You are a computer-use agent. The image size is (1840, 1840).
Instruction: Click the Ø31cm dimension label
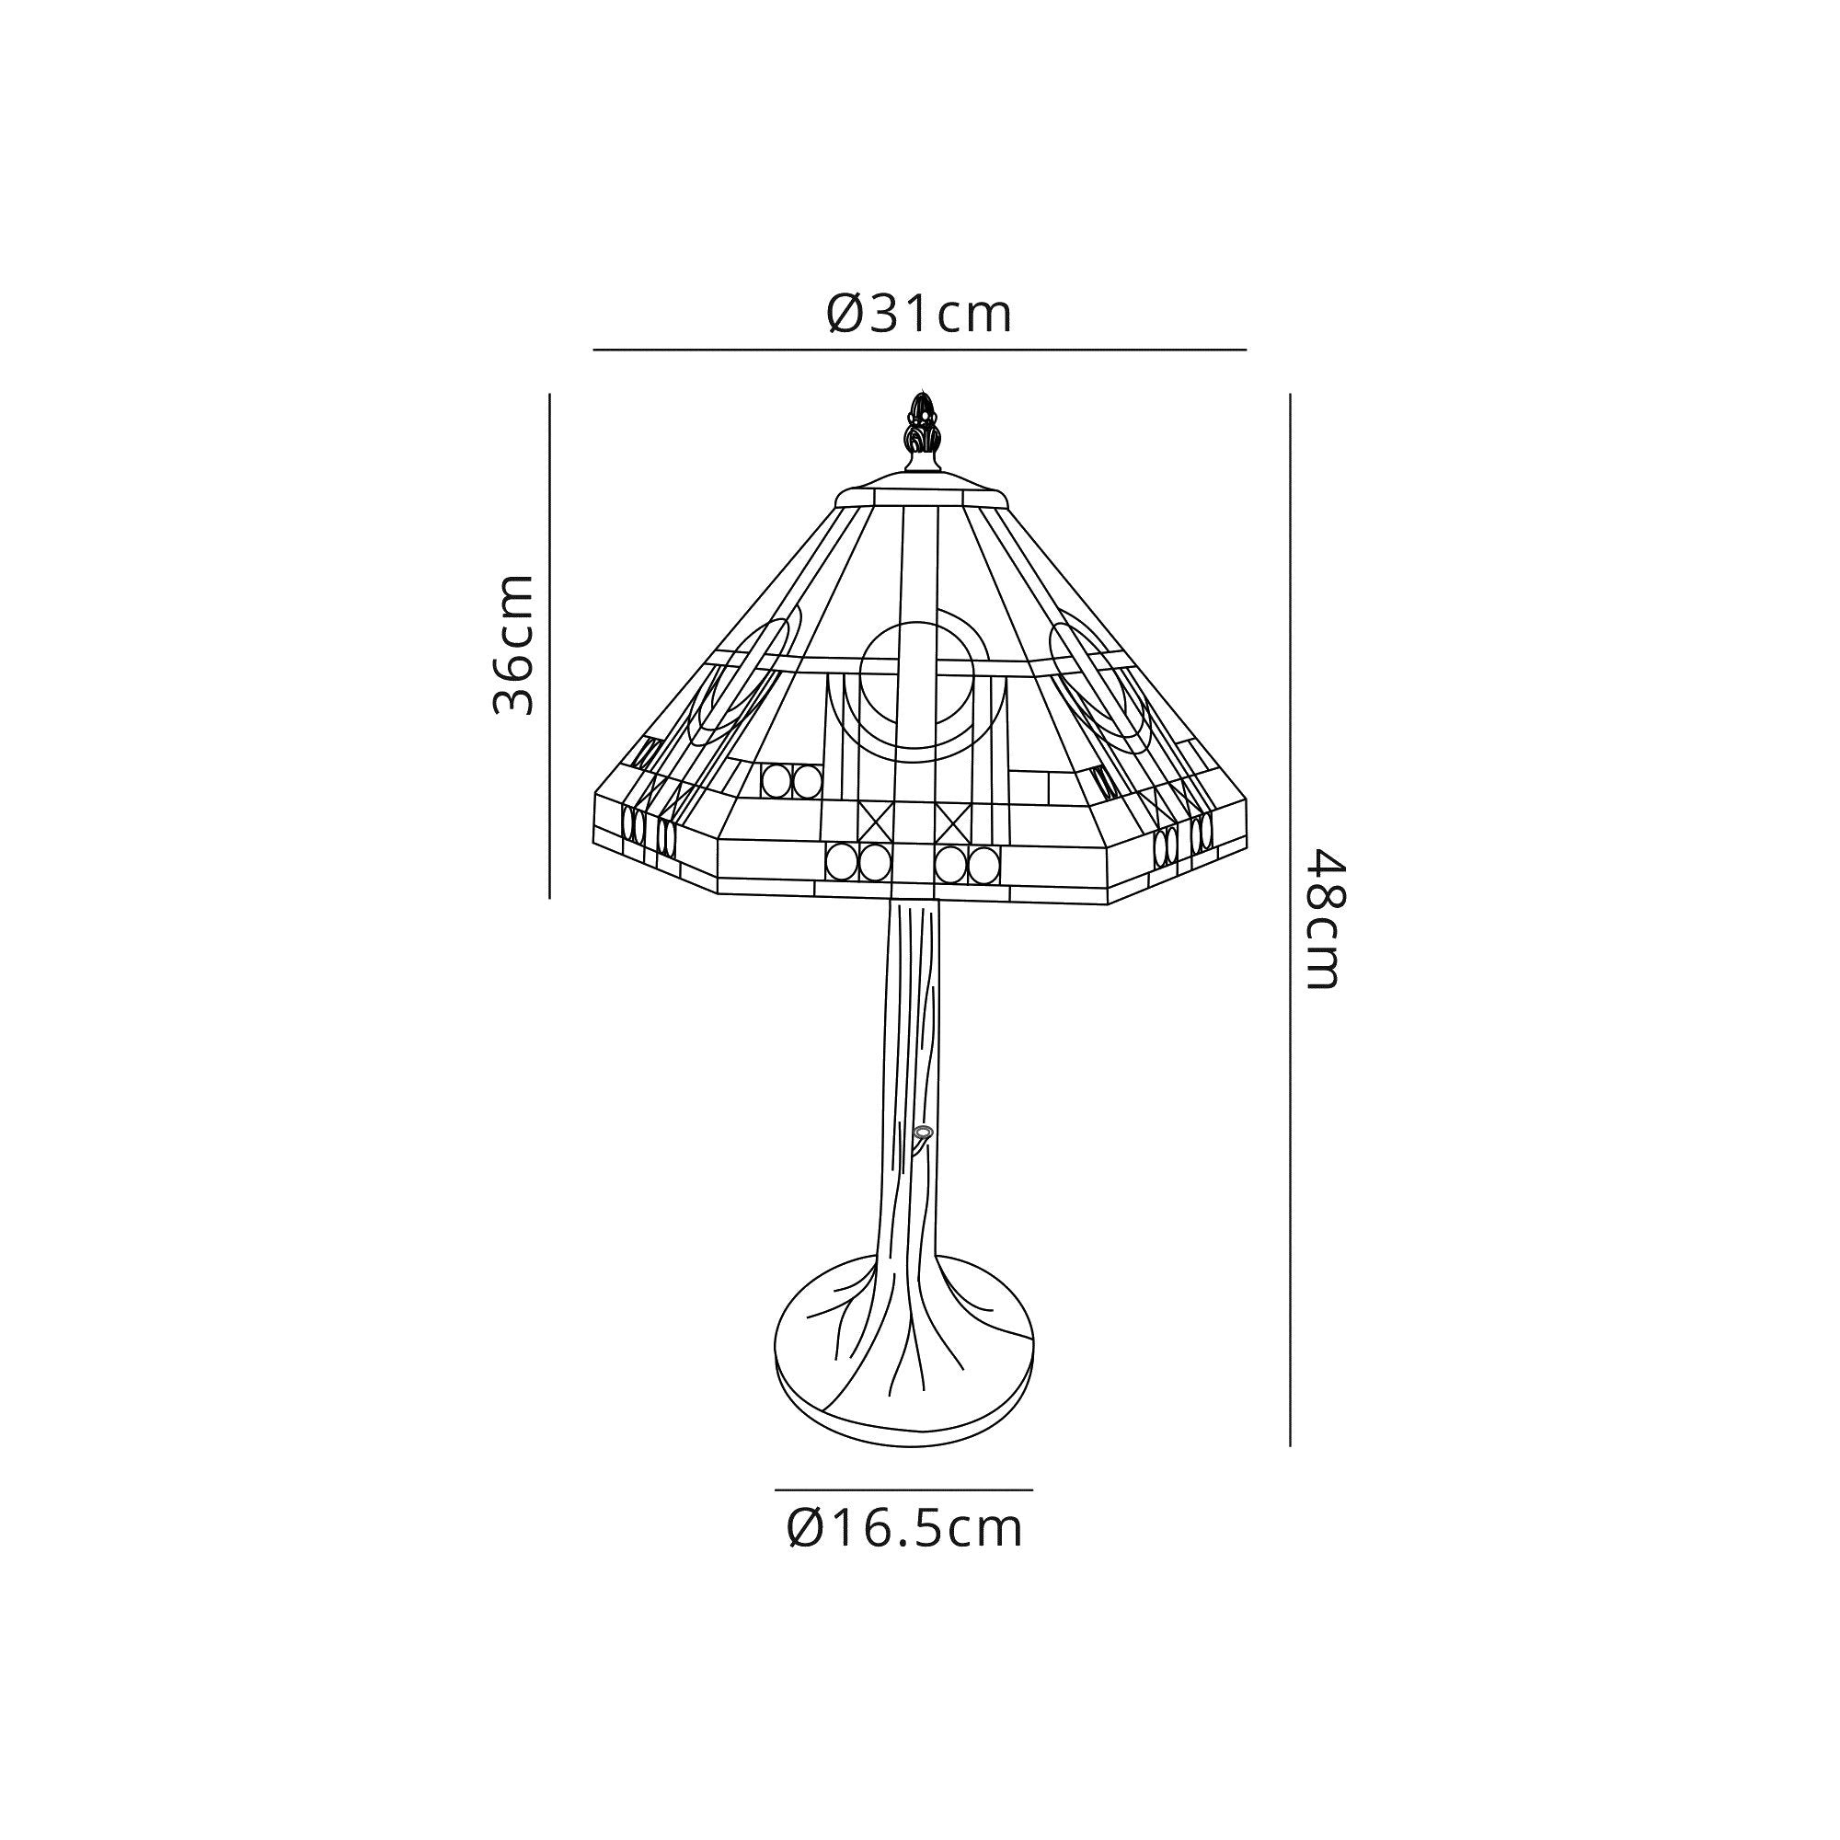tap(919, 315)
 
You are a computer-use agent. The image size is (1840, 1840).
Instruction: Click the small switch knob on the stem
tap(921, 1133)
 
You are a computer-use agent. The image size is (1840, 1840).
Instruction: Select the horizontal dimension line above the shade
tap(919, 350)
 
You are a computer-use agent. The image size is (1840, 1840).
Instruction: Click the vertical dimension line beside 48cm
tap(1290, 919)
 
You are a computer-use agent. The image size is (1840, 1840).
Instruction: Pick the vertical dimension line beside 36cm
tap(550, 645)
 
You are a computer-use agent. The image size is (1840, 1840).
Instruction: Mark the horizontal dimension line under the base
tap(903, 1489)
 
